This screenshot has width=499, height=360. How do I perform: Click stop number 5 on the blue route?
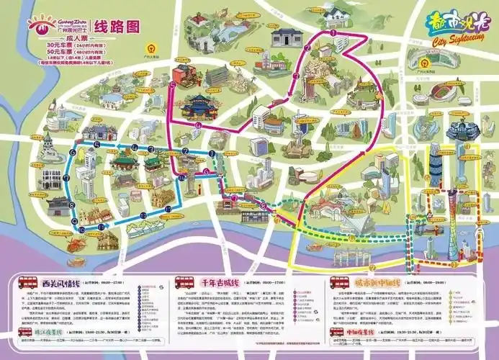[x=96, y=144]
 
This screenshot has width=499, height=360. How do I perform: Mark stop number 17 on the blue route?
[x=167, y=209]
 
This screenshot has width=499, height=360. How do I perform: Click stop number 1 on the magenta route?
[x=333, y=32]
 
